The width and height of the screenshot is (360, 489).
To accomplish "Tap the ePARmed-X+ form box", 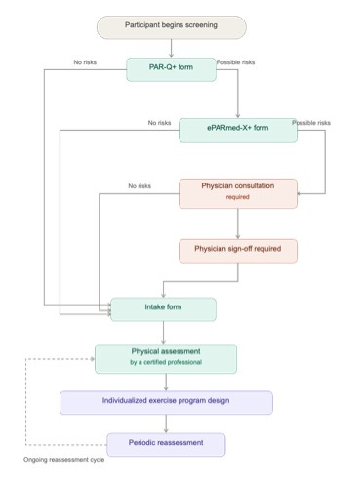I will coord(238,130).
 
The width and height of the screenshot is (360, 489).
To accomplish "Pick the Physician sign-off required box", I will coord(238,249).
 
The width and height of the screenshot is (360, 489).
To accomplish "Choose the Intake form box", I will coord(163,309).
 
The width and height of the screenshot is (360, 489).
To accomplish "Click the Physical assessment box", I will coord(166,357).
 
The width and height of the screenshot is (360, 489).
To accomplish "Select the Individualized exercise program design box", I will coord(166,401).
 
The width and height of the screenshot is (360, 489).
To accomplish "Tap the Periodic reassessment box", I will coord(166,444).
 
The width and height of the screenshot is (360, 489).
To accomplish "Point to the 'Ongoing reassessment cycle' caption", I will coord(63,460).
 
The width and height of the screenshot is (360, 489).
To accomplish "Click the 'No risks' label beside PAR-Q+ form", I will coord(85,63).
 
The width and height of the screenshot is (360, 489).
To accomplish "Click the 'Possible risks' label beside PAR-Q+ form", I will coord(235,62).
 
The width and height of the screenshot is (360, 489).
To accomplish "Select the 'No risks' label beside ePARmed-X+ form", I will coord(159,123).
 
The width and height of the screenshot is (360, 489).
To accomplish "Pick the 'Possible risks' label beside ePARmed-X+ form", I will coord(311,123).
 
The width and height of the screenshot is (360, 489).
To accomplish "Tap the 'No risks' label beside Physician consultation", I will coord(139,185).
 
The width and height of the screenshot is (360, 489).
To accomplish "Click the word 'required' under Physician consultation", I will coord(238,197).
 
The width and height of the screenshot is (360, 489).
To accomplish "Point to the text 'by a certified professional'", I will coord(166,363).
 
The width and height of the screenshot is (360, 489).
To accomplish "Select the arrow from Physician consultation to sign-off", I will coord(238,223).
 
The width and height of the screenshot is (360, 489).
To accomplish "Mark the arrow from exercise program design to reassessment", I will coord(166,424).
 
